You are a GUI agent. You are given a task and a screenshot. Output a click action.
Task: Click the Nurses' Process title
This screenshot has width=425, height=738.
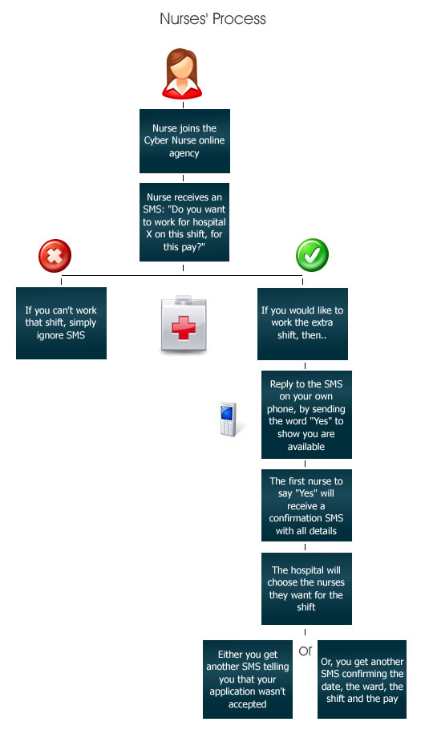(212, 18)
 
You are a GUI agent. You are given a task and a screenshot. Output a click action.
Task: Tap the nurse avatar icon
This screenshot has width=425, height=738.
(182, 73)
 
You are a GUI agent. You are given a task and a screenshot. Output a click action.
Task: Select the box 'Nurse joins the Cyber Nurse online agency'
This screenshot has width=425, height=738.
(184, 140)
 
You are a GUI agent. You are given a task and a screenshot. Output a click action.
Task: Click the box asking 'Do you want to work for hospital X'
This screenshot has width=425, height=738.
(184, 221)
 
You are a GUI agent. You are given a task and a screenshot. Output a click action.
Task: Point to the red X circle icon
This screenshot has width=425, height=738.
(55, 256)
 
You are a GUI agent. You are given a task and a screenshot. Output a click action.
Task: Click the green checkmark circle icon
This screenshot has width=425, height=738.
(312, 255)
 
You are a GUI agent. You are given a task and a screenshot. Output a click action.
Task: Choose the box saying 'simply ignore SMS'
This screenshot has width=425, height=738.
(61, 322)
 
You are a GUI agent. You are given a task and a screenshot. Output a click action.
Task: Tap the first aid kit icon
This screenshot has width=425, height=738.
(184, 324)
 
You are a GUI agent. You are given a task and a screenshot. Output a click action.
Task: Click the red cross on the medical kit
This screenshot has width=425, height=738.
(184, 327)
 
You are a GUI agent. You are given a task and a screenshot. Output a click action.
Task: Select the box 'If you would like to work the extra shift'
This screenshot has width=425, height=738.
(302, 324)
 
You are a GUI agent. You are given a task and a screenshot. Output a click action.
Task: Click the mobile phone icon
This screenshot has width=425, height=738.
(229, 419)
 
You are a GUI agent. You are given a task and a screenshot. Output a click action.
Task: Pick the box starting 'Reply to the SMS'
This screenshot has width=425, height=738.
(306, 415)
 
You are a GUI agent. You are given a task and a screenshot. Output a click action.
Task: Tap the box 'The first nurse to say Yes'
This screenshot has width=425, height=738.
(306, 505)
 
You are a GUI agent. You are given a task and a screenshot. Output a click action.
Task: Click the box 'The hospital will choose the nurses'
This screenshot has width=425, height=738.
(306, 588)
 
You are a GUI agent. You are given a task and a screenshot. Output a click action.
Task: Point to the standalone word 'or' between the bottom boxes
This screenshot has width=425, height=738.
(306, 651)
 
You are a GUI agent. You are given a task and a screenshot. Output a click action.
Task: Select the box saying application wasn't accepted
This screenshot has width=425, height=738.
(248, 679)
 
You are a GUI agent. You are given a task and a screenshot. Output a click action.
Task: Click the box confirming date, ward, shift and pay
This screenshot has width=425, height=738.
(362, 679)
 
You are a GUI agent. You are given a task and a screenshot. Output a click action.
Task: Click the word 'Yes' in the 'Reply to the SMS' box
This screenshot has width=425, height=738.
(321, 421)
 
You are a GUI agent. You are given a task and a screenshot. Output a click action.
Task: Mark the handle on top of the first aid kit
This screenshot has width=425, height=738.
(184, 299)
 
